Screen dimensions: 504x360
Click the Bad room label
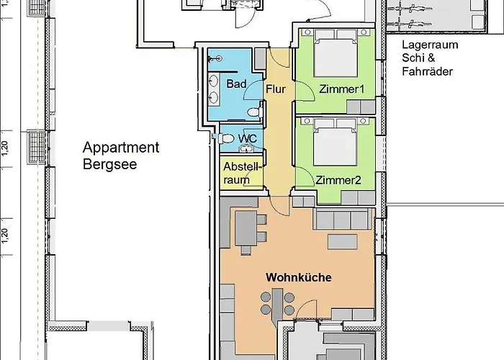[236, 84]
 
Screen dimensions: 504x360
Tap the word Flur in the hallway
[276, 89]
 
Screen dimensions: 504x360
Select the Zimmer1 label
[341, 89]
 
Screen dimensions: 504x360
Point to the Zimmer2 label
[338, 180]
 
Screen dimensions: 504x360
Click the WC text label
[248, 138]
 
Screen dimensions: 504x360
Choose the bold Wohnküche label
[299, 277]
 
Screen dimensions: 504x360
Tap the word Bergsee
[110, 164]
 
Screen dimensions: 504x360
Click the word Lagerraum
[430, 45]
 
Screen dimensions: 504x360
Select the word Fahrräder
[428, 71]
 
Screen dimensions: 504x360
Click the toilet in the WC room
[225, 138]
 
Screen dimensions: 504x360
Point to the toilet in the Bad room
[255, 112]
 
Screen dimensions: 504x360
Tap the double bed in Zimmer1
[336, 53]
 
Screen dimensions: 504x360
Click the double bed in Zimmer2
[336, 142]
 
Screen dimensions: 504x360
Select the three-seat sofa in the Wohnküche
[343, 219]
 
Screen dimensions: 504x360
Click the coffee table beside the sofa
[342, 242]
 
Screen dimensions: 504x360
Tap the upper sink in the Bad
[213, 80]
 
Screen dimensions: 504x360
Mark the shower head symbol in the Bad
[215, 58]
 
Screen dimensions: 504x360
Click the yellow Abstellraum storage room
[241, 172]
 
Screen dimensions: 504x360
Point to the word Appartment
[121, 148]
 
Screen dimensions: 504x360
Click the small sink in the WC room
[246, 148]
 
